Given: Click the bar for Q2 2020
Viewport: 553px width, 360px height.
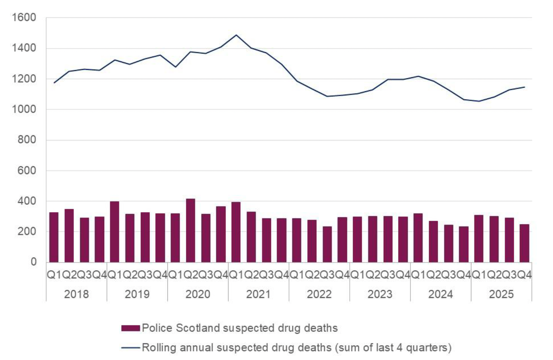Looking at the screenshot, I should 190,231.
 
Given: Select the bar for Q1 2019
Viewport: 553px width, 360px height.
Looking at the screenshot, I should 115,232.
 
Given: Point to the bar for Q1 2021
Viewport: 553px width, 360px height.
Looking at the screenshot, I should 236,232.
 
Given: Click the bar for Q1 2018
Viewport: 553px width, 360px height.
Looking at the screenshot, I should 54,237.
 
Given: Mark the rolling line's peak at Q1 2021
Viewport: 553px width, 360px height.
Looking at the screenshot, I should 236,35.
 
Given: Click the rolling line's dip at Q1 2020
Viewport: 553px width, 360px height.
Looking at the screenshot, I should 176,67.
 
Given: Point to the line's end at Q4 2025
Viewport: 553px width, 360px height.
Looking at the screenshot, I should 525,87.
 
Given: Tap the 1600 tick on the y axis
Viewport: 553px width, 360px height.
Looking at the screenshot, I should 24,18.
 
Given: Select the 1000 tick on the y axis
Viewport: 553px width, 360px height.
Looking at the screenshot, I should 24,109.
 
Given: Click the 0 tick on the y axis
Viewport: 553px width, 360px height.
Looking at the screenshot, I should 33,262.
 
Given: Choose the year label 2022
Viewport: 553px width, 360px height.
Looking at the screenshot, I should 319,294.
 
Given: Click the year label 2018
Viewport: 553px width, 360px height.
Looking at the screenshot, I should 77,294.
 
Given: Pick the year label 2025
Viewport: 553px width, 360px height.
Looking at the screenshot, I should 501,294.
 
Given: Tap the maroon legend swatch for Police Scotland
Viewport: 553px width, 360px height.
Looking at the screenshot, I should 130,328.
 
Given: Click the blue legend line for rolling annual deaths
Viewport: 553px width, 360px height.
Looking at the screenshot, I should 130,348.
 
